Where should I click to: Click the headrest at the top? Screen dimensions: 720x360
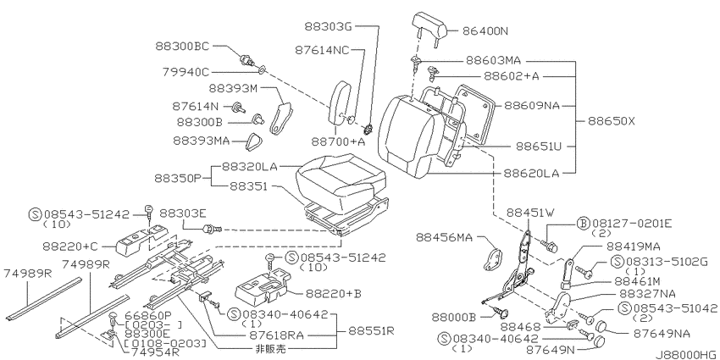429,25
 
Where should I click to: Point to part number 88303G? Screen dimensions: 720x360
328,26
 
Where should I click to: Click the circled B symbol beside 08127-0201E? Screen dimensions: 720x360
582,224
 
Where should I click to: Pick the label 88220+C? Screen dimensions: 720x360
70,246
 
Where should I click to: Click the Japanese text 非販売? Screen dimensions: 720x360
270,348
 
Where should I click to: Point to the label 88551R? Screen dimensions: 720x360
371,330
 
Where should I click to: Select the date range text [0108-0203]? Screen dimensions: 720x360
159,344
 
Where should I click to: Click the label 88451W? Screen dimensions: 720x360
531,213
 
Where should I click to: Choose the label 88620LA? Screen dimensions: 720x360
531,173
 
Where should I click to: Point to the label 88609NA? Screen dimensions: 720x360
532,105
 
